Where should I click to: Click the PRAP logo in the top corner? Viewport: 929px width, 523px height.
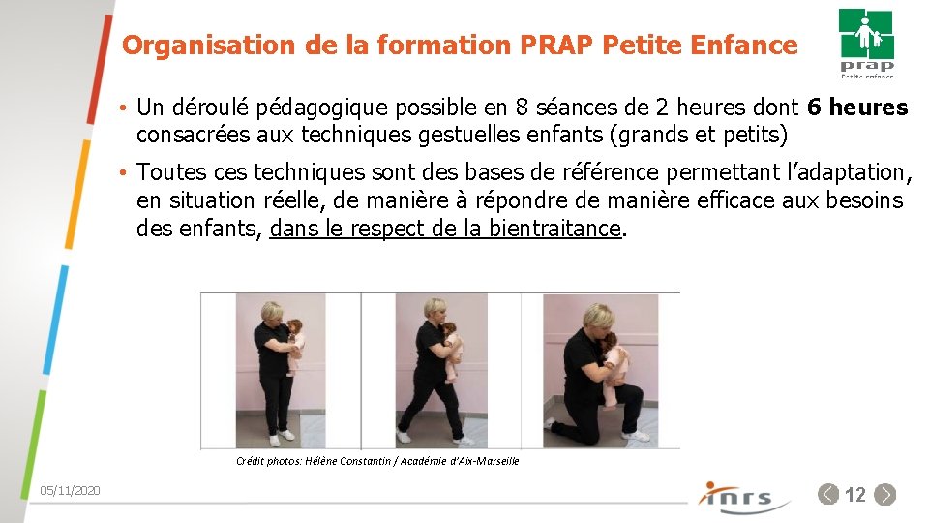[866, 43]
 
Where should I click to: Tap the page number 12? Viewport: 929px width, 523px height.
[855, 495]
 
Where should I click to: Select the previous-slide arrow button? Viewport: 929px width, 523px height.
[828, 495]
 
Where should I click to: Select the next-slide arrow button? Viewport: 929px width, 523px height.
[884, 495]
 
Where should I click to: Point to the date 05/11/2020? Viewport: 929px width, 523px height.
[70, 492]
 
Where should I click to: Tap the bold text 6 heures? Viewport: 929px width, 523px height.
[857, 108]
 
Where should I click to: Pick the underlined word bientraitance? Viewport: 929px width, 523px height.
[554, 229]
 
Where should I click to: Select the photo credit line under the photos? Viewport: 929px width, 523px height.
[377, 461]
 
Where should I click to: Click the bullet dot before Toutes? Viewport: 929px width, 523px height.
[125, 173]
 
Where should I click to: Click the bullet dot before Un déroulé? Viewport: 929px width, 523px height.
[125, 108]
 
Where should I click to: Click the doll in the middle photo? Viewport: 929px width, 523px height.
[452, 349]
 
